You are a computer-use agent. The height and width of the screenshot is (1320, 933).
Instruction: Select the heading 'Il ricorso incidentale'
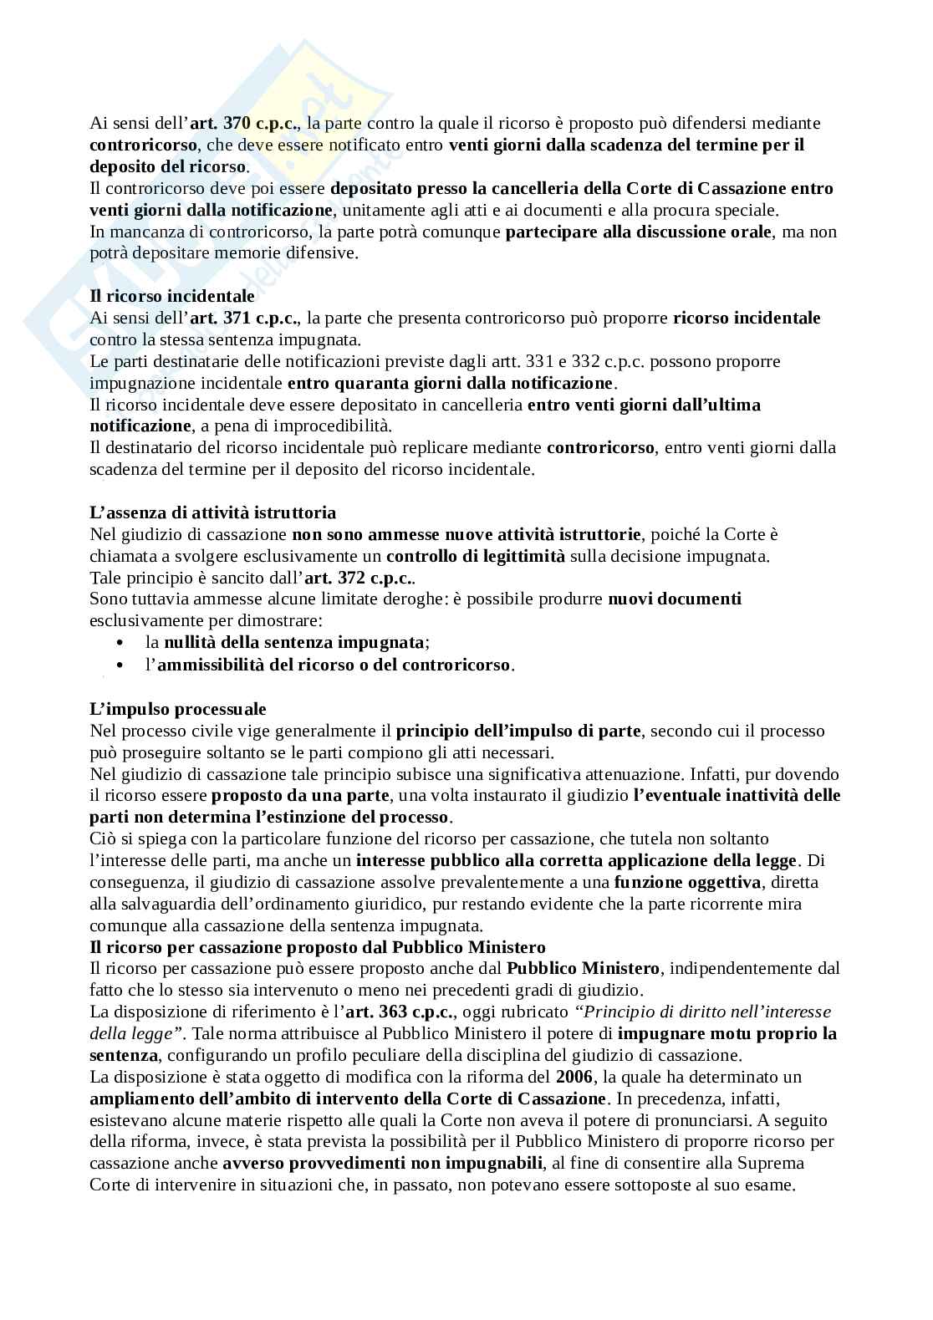[x=172, y=297]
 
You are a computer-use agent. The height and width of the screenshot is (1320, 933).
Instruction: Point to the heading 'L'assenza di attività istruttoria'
[x=212, y=512]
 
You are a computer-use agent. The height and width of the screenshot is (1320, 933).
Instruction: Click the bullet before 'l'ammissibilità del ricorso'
[x=121, y=665]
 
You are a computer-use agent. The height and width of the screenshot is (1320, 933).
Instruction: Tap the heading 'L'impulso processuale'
[x=177, y=709]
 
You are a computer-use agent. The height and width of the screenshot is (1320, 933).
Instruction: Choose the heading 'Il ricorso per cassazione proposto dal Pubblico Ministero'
[x=317, y=947]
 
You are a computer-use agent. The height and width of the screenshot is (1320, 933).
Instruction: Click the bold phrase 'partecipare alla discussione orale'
[x=638, y=232]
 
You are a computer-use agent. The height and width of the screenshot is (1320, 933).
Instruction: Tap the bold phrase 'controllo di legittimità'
[x=475, y=556]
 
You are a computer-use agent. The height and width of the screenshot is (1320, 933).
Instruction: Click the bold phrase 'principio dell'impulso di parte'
[x=517, y=731]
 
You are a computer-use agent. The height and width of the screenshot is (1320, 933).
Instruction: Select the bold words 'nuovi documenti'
[x=674, y=599]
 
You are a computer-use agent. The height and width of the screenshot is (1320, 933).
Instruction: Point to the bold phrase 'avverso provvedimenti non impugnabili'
[x=384, y=1164]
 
